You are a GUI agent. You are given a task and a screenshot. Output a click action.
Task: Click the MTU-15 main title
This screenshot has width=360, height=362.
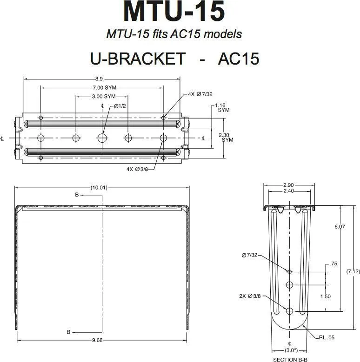[174, 11]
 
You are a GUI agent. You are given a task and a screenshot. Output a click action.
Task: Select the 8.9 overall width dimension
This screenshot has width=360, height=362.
[99, 79]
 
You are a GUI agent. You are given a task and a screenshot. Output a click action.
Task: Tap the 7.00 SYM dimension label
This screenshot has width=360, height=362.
[105, 88]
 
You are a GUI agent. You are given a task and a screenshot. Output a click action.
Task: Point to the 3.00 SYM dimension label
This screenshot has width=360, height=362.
[104, 97]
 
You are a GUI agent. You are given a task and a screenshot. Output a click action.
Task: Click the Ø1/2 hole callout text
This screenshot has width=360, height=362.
[120, 106]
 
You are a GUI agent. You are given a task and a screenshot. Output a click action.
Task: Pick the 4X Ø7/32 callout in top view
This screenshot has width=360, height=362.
[200, 94]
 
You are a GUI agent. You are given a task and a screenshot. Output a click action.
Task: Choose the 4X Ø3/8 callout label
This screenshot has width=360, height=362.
[137, 169]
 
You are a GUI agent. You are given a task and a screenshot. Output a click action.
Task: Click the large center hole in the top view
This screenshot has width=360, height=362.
[102, 138]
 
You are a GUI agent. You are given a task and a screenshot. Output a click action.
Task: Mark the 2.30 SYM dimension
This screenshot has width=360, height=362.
[226, 138]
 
